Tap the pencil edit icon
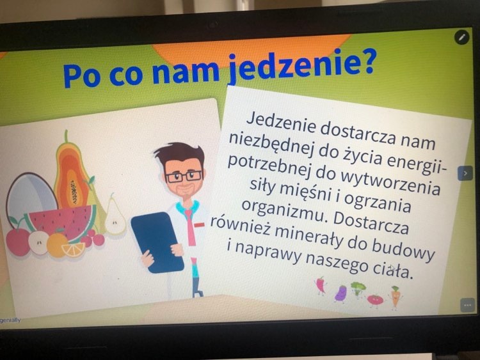click(461, 37)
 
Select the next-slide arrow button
click(465, 173)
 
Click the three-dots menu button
click(467, 305)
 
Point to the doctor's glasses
click(184, 176)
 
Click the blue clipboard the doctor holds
click(157, 242)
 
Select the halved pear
click(115, 215)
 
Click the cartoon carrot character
click(396, 296)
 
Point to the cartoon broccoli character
click(358, 288)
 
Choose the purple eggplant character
click(340, 293)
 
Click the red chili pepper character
click(320, 285)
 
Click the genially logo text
click(10, 320)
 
